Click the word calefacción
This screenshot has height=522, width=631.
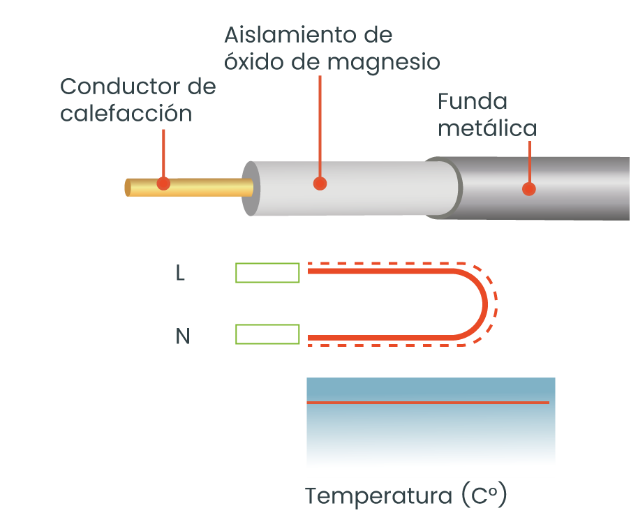(x=126, y=113)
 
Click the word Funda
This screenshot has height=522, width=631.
(x=473, y=102)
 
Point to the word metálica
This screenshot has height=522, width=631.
(x=487, y=128)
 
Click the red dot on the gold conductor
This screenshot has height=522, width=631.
(x=163, y=184)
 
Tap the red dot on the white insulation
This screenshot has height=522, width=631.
(x=320, y=184)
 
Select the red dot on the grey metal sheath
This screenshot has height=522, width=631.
(x=529, y=188)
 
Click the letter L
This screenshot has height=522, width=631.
(x=180, y=274)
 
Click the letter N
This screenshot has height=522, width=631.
(x=182, y=337)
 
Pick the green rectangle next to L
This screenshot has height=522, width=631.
(x=268, y=273)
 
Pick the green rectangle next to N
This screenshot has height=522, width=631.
(x=268, y=334)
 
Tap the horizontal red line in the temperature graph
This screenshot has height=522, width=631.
(x=427, y=403)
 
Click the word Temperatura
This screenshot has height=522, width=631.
(x=379, y=497)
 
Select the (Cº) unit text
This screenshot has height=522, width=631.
(x=483, y=497)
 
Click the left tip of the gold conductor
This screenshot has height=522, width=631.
(x=128, y=188)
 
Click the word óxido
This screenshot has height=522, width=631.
(x=253, y=62)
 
